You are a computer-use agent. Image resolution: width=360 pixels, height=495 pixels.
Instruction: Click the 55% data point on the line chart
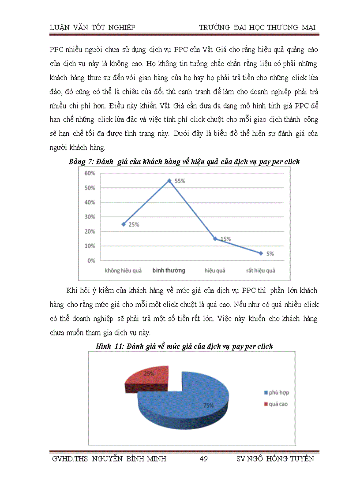pyautogui.click(x=169, y=180)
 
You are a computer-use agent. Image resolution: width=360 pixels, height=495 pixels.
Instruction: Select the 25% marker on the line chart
pyautogui.click(x=124, y=224)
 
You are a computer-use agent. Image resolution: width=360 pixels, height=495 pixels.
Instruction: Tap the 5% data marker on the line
pyautogui.click(x=261, y=253)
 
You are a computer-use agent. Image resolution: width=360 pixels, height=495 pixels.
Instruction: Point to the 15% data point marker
pyautogui.click(x=215, y=238)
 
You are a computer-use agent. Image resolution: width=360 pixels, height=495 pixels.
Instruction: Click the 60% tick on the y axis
pyautogui.click(x=90, y=173)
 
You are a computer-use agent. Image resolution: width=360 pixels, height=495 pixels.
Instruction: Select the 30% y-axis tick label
pyautogui.click(x=90, y=217)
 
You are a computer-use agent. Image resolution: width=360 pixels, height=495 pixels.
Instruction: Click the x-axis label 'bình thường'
pyautogui.click(x=169, y=270)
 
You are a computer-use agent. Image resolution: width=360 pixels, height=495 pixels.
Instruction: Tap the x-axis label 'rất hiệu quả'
pyautogui.click(x=260, y=270)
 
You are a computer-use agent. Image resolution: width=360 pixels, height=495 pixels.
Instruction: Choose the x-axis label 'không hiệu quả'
pyautogui.click(x=123, y=270)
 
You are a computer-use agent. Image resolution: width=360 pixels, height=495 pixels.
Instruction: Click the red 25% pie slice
pyautogui.click(x=146, y=376)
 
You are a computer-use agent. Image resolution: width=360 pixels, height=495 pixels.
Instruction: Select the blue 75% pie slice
pyautogui.click(x=190, y=401)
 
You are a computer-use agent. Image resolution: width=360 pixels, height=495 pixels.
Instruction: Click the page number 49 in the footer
pyautogui.click(x=203, y=459)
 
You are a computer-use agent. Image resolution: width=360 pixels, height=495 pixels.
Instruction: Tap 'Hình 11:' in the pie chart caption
pyautogui.click(x=109, y=346)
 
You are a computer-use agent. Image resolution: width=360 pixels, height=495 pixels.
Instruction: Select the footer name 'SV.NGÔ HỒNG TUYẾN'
pyautogui.click(x=275, y=459)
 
